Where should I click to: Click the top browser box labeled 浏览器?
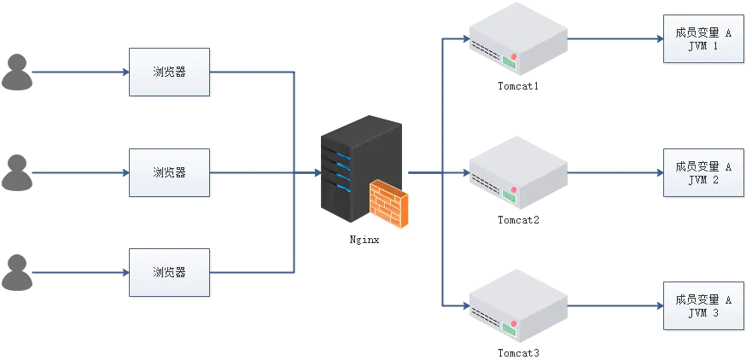tap(169, 73)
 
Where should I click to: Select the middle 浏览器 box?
tap(169, 172)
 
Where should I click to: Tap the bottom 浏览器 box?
tap(169, 272)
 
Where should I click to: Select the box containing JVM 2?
tap(703, 173)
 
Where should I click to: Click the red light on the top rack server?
tap(514, 56)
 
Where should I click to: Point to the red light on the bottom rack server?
tap(514, 322)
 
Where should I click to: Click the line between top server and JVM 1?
tap(615, 38)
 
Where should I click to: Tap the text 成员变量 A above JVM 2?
tap(703, 166)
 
